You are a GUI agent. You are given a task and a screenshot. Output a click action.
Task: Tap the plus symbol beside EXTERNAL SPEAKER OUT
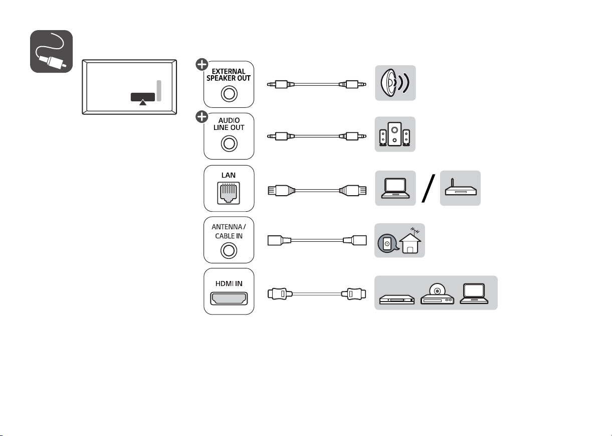pos(202,65)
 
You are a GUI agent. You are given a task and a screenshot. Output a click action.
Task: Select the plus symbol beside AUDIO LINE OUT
pos(202,117)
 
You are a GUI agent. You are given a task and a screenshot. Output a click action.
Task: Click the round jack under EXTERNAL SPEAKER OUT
pos(229,94)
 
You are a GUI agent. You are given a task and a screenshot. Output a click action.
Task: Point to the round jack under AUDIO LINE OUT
pos(229,143)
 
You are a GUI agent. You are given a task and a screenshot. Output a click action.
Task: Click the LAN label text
pos(229,175)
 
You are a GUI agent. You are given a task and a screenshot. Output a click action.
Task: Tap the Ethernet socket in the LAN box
pos(229,193)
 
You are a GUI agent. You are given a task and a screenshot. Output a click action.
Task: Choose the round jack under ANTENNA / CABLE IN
pos(229,250)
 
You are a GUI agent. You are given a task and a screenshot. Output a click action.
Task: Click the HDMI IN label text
pos(229,283)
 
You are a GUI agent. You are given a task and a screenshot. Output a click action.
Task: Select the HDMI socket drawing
pos(229,298)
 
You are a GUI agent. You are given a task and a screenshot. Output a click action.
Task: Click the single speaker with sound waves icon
pos(395,83)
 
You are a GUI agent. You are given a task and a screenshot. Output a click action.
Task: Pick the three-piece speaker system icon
pos(395,134)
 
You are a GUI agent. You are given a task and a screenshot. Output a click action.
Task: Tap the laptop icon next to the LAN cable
pos(395,188)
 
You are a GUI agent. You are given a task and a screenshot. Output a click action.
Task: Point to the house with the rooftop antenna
pos(411,241)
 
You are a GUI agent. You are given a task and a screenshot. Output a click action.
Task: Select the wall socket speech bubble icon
pos(387,243)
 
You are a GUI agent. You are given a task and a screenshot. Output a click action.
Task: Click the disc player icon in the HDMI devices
pos(437,294)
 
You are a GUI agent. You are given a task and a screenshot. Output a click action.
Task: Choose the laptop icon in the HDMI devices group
pos(474,294)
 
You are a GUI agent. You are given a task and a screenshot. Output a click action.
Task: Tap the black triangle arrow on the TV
pos(143,102)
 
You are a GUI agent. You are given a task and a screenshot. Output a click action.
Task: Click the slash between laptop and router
pos(429,189)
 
